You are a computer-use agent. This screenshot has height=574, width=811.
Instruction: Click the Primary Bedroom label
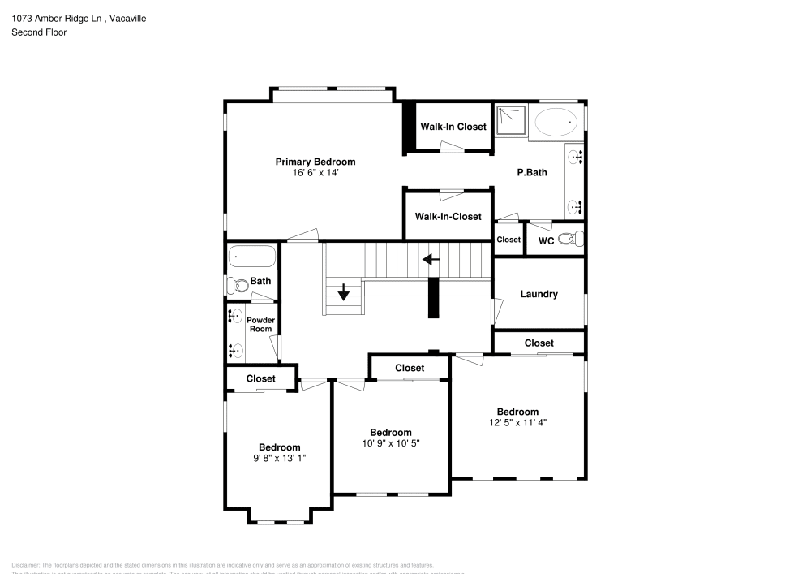tap(315, 162)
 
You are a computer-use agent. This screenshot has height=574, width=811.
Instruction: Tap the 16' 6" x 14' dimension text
tap(315, 173)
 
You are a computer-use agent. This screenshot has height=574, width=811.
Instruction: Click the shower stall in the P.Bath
tap(510, 120)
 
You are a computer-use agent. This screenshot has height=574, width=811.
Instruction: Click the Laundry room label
tap(539, 294)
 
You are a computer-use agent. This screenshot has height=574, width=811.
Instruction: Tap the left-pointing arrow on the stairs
tap(430, 260)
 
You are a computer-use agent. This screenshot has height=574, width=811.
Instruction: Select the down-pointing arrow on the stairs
tap(344, 291)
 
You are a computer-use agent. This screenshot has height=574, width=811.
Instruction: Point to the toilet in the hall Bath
tap(236, 285)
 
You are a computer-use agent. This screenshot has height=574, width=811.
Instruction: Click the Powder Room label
tap(260, 324)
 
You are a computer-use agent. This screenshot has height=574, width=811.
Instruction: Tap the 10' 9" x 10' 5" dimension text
tap(390, 443)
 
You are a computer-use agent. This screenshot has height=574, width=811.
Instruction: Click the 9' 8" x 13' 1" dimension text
tap(279, 458)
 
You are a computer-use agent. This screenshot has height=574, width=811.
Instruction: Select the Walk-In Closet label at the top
tap(453, 127)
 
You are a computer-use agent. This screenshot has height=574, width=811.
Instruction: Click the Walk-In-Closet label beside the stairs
tap(448, 217)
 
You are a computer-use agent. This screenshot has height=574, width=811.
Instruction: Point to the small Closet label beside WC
tap(508, 240)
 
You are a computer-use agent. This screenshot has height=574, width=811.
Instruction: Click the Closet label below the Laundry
tap(539, 343)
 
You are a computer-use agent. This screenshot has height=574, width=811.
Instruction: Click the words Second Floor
tap(39, 32)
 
